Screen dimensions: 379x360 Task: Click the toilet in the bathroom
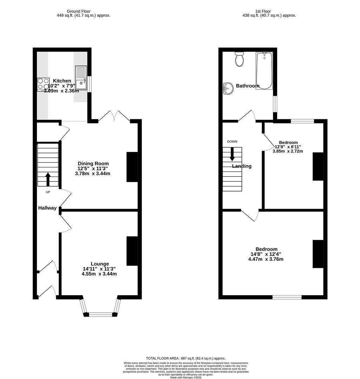[240, 60]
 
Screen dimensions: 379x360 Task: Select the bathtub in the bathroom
[264, 71]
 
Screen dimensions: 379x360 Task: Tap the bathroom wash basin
[228, 88]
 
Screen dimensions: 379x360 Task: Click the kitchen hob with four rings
[43, 84]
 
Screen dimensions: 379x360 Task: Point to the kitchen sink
[81, 78]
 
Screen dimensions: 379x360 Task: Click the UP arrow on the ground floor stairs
[48, 179]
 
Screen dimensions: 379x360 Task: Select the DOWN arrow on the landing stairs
[232, 154]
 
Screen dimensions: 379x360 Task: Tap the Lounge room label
[100, 264]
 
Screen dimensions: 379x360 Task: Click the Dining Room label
[93, 164]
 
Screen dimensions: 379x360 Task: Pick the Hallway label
[47, 208]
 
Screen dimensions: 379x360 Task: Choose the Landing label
[242, 166]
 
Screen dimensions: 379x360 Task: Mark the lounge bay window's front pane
[100, 314]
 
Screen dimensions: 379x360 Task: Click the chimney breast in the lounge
[132, 251]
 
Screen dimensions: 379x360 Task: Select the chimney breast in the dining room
[132, 167]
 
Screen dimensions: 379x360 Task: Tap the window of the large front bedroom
[287, 297]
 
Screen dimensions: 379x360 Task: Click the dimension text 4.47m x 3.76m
[266, 259]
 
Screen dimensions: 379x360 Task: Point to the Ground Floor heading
[79, 11]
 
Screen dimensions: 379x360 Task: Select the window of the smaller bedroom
[302, 121]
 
